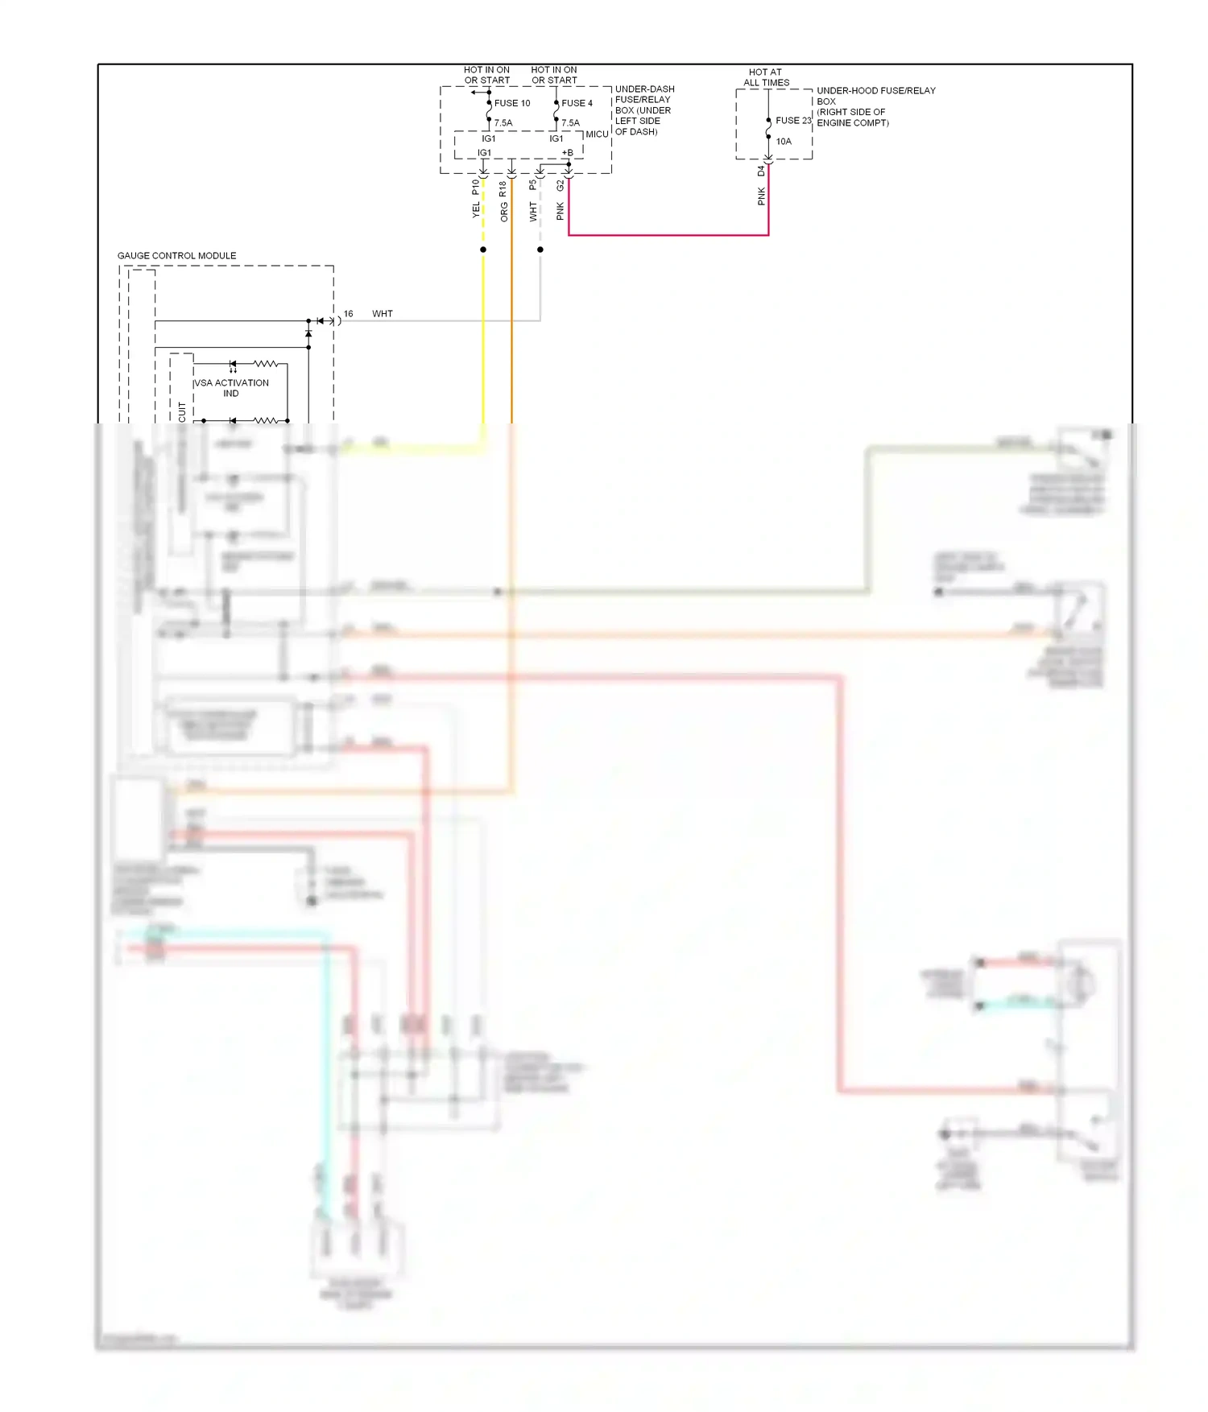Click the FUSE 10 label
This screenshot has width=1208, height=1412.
[512, 103]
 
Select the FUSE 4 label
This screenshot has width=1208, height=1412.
[577, 103]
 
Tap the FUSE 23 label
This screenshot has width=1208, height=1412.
[793, 121]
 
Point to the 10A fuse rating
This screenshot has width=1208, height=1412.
[784, 142]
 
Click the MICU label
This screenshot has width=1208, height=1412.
[597, 134]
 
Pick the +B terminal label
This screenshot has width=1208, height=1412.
[568, 152]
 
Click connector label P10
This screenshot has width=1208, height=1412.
[475, 187]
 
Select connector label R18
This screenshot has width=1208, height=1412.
[503, 188]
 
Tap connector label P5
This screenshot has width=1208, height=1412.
[532, 184]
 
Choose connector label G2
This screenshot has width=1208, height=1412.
[561, 186]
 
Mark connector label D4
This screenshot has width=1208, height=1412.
[761, 171]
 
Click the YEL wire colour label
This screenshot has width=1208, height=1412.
[476, 210]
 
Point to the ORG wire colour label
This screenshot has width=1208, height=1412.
[504, 213]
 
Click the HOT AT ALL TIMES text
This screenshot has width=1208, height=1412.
[766, 77]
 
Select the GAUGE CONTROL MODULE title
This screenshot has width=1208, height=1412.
[177, 256]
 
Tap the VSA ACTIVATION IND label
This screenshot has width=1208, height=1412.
[231, 388]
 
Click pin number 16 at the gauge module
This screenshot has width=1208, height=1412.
[348, 314]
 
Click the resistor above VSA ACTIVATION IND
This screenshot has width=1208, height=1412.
[266, 364]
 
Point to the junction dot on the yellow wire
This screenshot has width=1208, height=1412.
[483, 250]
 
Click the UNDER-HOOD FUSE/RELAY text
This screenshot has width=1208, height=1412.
[876, 91]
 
